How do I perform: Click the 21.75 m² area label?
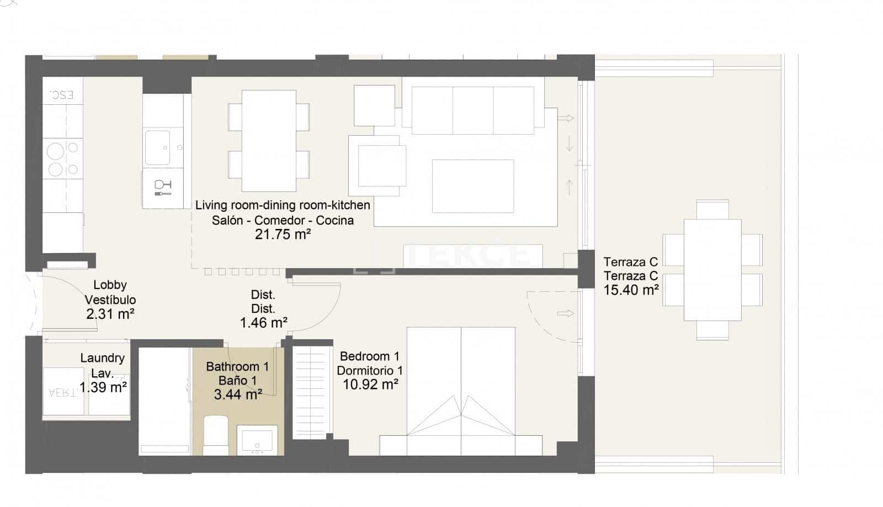click(283, 234)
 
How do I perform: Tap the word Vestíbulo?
click(110, 300)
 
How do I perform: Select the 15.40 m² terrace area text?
click(631, 290)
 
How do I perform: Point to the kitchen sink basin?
click(157, 147)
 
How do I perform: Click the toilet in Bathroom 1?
click(216, 435)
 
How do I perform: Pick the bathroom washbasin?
click(257, 441)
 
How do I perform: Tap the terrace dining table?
click(712, 270)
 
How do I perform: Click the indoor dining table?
click(269, 141)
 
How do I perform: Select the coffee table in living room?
click(473, 186)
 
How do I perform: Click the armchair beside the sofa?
click(381, 166)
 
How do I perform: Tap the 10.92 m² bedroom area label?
click(370, 385)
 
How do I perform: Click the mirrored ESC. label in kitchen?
click(62, 95)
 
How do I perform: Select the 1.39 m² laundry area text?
click(103, 387)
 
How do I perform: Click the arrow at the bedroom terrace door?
click(565, 313)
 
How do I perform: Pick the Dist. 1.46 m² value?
click(263, 323)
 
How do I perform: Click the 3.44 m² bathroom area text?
click(237, 394)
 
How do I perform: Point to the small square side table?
click(374, 105)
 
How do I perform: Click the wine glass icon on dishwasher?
click(162, 188)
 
